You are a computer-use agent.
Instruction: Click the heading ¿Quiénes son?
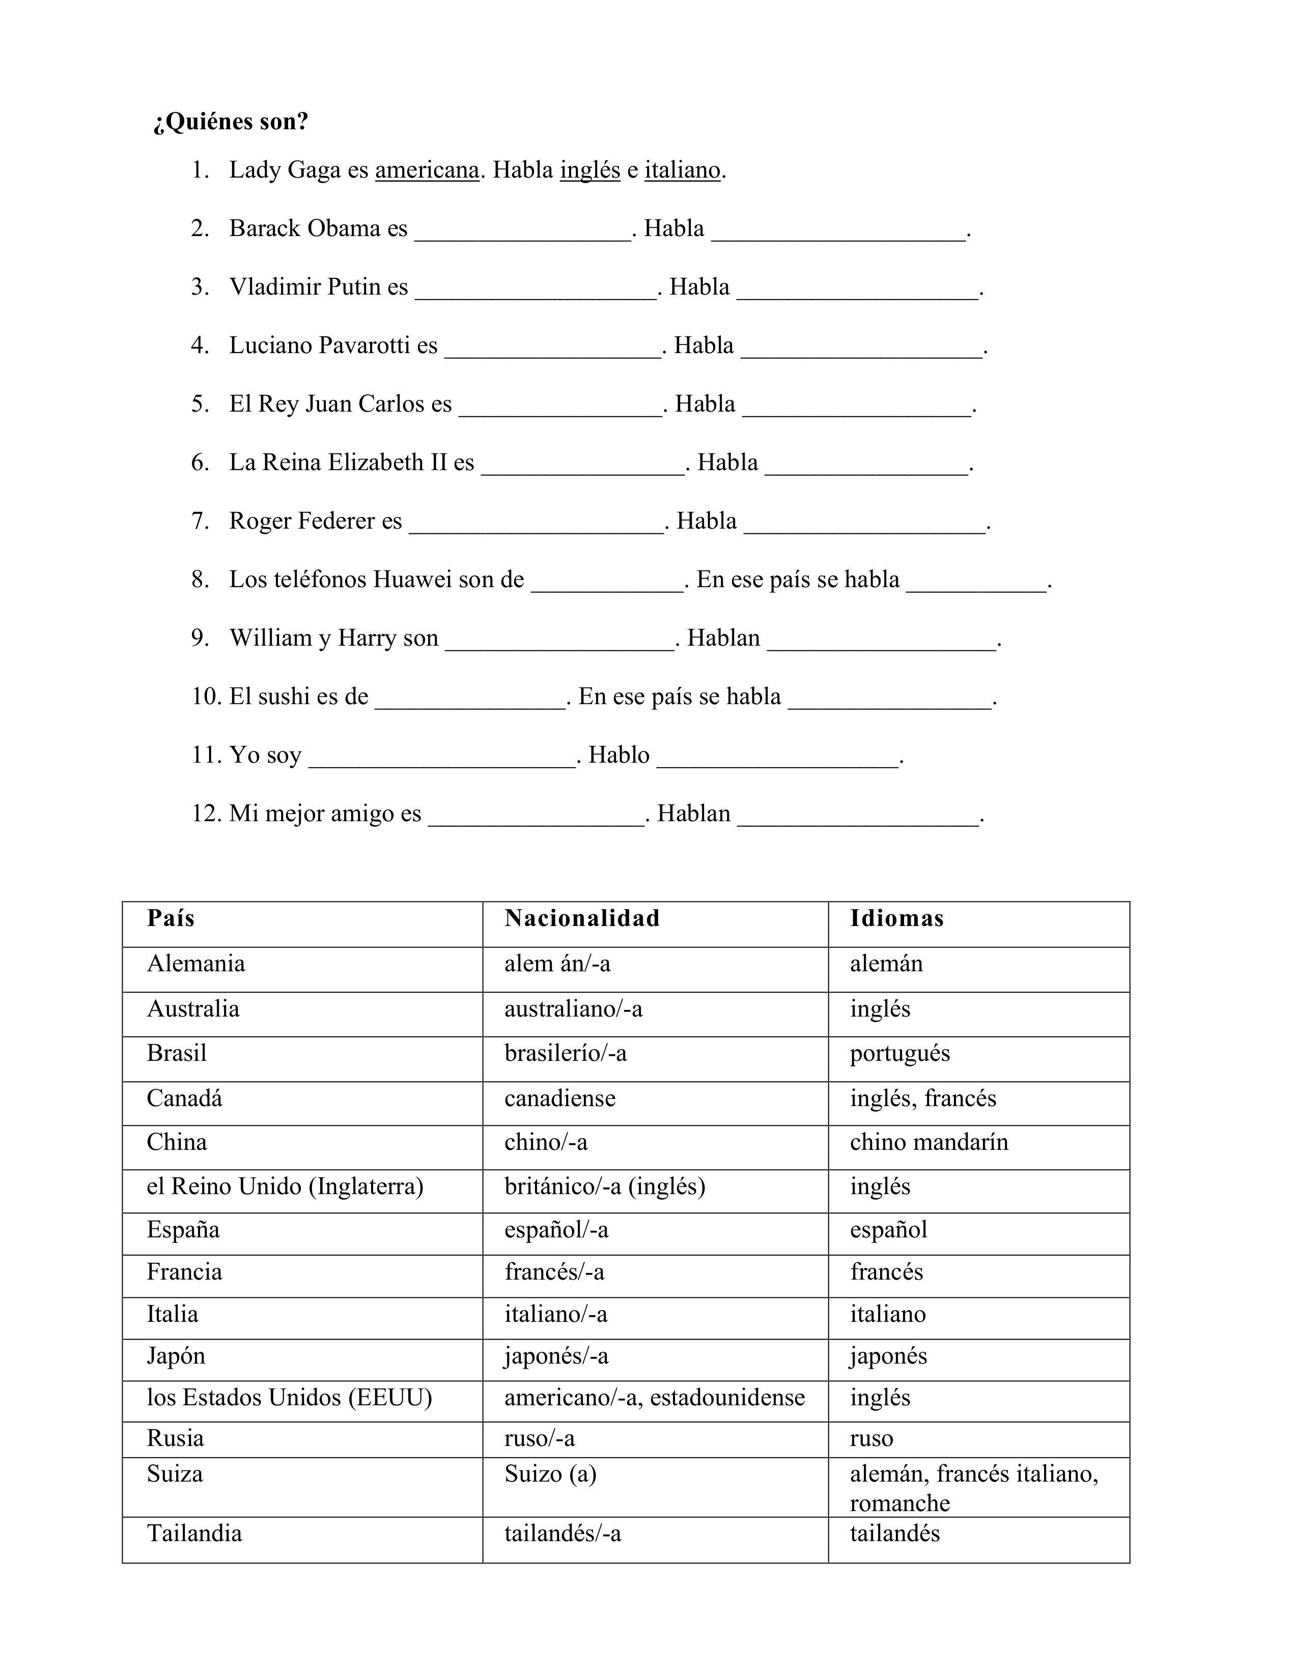(x=230, y=122)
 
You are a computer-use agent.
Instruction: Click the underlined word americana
(x=427, y=170)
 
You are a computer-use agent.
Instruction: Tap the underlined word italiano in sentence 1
(x=682, y=170)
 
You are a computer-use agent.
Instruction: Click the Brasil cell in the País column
(x=177, y=1053)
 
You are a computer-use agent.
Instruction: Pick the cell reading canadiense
(x=560, y=1098)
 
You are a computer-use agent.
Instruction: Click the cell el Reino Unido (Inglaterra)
(x=285, y=1186)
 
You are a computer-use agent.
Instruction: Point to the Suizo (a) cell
(x=551, y=1474)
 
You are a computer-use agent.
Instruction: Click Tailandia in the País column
(x=194, y=1533)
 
